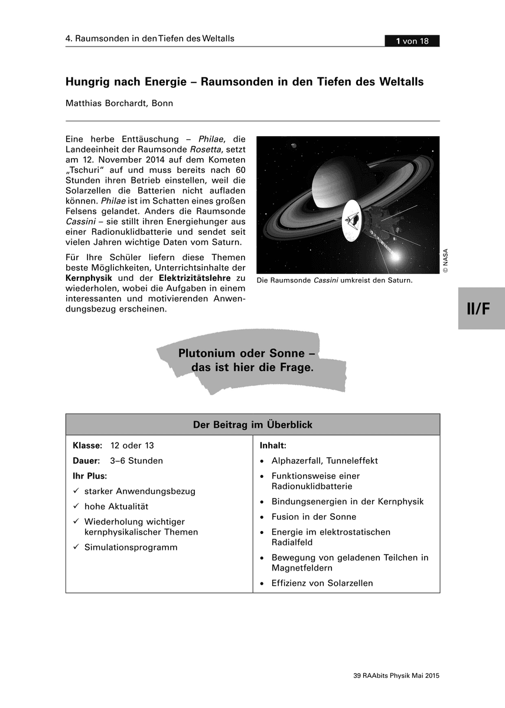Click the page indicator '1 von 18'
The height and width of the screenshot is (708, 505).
[x=412, y=41]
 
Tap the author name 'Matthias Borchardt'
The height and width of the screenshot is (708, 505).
[x=106, y=103]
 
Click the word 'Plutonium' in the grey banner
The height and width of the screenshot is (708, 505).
[x=207, y=353]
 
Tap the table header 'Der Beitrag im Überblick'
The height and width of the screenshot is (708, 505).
[x=253, y=425]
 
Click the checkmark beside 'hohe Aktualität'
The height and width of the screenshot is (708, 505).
[x=76, y=506]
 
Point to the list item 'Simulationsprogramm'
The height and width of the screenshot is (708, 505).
[x=131, y=548]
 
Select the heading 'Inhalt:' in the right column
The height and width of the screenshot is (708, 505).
[x=273, y=445]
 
